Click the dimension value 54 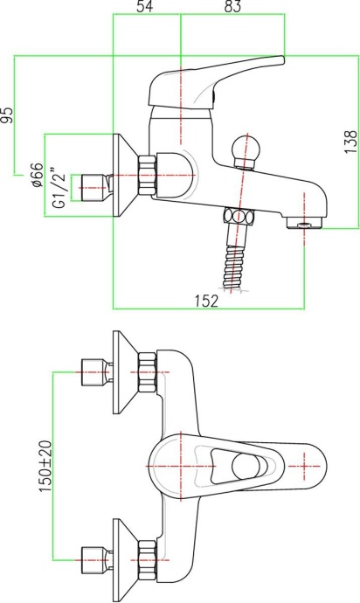(x=145, y=7)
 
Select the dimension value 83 (x=232, y=7)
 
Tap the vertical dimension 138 (x=350, y=142)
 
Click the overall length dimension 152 (x=206, y=300)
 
